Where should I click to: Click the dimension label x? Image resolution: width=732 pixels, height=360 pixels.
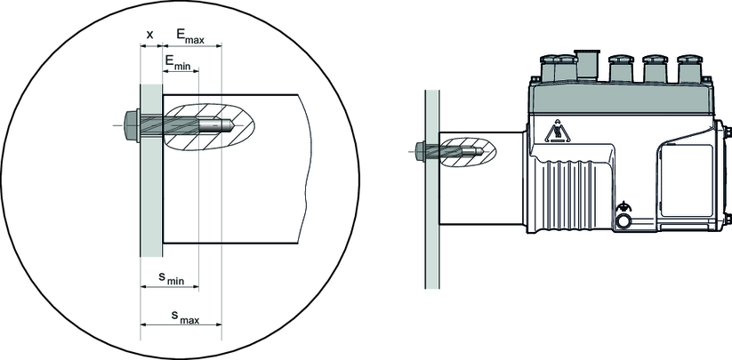pos(149,35)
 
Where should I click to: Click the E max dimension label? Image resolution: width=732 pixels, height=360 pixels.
pos(189,35)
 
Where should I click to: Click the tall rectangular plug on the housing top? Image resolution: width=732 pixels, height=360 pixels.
pos(586,65)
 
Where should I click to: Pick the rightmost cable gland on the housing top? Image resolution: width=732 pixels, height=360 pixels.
pos(689,68)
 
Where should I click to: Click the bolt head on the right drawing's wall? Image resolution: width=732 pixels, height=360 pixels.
pos(418,151)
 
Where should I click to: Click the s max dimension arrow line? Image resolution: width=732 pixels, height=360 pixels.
pos(181,325)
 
